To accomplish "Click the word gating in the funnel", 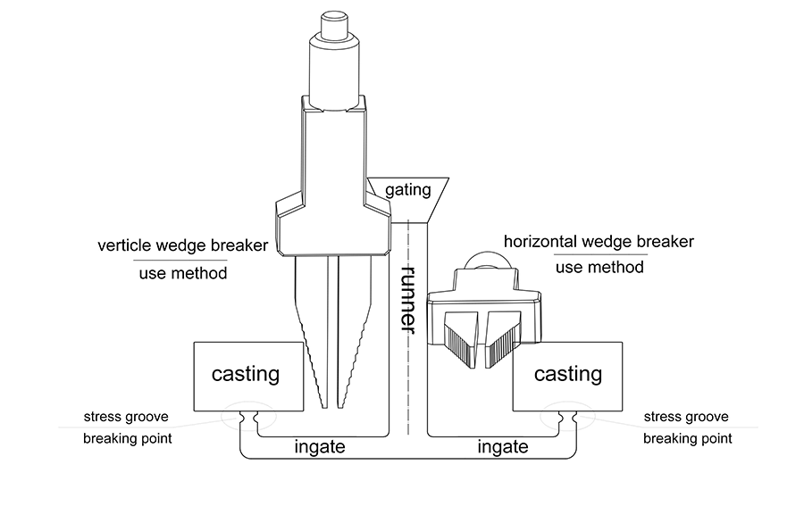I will (x=407, y=189).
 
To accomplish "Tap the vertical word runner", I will (x=409, y=297).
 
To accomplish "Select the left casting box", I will (x=245, y=374).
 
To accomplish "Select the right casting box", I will (x=568, y=374).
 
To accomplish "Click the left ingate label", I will (x=319, y=446).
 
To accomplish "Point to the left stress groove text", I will (x=126, y=417).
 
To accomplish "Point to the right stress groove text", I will (x=686, y=417).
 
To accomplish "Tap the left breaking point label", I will (x=128, y=439).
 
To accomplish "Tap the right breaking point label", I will (x=688, y=439).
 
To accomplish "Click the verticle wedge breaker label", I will (x=183, y=245).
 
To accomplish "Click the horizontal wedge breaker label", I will (x=599, y=242).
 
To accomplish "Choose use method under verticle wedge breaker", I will (x=182, y=273).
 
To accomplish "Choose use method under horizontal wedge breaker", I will (x=599, y=267).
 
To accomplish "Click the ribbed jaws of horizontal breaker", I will (x=483, y=340).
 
